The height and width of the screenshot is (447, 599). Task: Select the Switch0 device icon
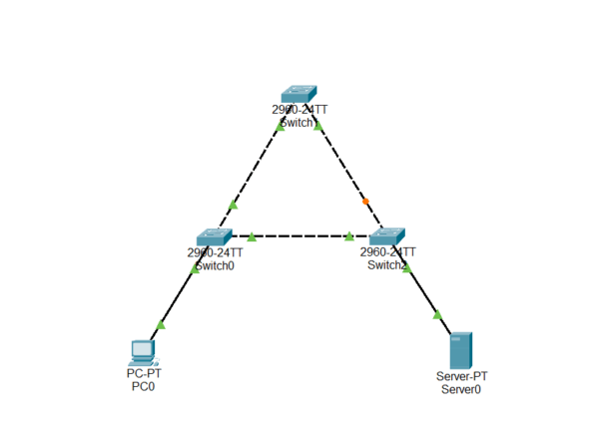pos(214,236)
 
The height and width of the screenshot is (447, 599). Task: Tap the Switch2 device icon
pos(386,236)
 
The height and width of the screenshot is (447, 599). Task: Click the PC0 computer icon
pos(143,351)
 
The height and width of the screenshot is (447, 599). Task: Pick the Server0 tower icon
pos(460,350)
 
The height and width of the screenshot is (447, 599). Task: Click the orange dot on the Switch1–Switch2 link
pos(365,202)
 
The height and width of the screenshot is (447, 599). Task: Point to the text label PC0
pos(143,387)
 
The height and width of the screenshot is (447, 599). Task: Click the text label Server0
pos(460,389)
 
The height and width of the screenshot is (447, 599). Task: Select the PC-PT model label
pos(143,374)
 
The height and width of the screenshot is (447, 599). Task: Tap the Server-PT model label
pos(460,376)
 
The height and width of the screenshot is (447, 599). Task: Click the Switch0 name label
pos(214,265)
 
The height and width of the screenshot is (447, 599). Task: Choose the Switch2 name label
pos(387,265)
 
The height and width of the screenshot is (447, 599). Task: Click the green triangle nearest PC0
pos(161,325)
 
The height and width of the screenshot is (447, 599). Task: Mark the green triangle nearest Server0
pos(437,315)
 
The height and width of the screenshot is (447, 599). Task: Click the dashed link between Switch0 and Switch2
pos(299,236)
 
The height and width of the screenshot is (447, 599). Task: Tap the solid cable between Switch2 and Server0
pos(424,294)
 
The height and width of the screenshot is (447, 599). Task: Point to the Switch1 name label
pos(297,122)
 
